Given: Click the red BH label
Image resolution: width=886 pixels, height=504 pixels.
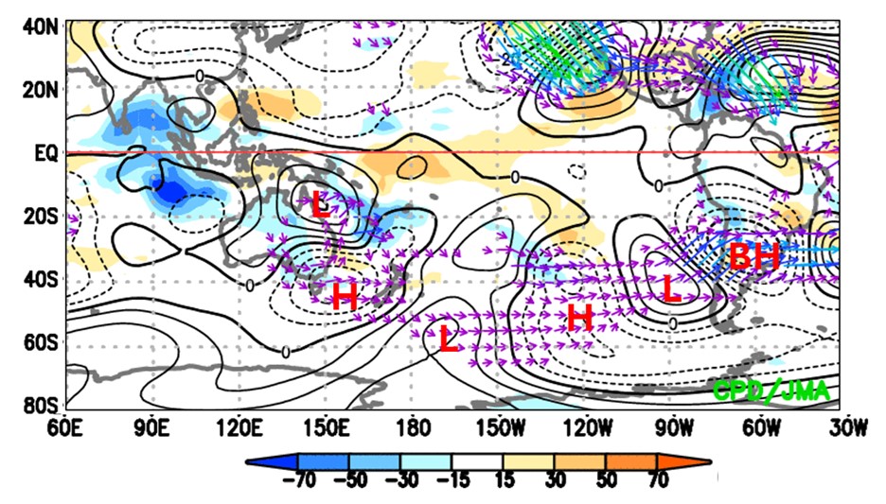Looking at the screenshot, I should pyautogui.click(x=754, y=256).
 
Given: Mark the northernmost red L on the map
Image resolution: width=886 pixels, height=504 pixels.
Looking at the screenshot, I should pyautogui.click(x=322, y=203).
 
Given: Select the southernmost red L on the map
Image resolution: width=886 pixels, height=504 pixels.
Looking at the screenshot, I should pyautogui.click(x=449, y=339).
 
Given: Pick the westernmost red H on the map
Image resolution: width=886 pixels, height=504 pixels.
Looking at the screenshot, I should pyautogui.click(x=344, y=297).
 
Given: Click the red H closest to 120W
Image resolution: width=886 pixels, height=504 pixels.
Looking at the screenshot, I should pyautogui.click(x=579, y=318).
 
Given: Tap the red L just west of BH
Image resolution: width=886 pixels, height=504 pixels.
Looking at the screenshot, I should pyautogui.click(x=671, y=288).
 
